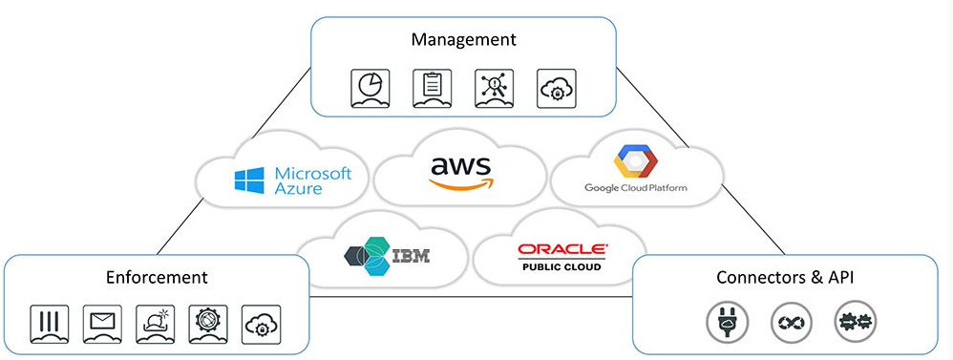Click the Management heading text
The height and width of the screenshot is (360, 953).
click(x=463, y=40)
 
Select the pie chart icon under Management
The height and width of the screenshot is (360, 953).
click(x=370, y=87)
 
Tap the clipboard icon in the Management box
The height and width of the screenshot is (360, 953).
click(x=431, y=87)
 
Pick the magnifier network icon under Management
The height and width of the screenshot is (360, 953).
click(x=494, y=87)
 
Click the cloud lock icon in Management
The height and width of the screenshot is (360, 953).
click(x=557, y=87)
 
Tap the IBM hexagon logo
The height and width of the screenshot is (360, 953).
click(x=365, y=256)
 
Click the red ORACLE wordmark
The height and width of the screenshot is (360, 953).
click(x=561, y=249)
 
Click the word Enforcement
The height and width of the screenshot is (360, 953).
click(x=157, y=278)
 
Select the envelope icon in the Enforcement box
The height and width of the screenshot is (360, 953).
click(x=102, y=322)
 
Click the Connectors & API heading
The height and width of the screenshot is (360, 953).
click(x=784, y=278)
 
